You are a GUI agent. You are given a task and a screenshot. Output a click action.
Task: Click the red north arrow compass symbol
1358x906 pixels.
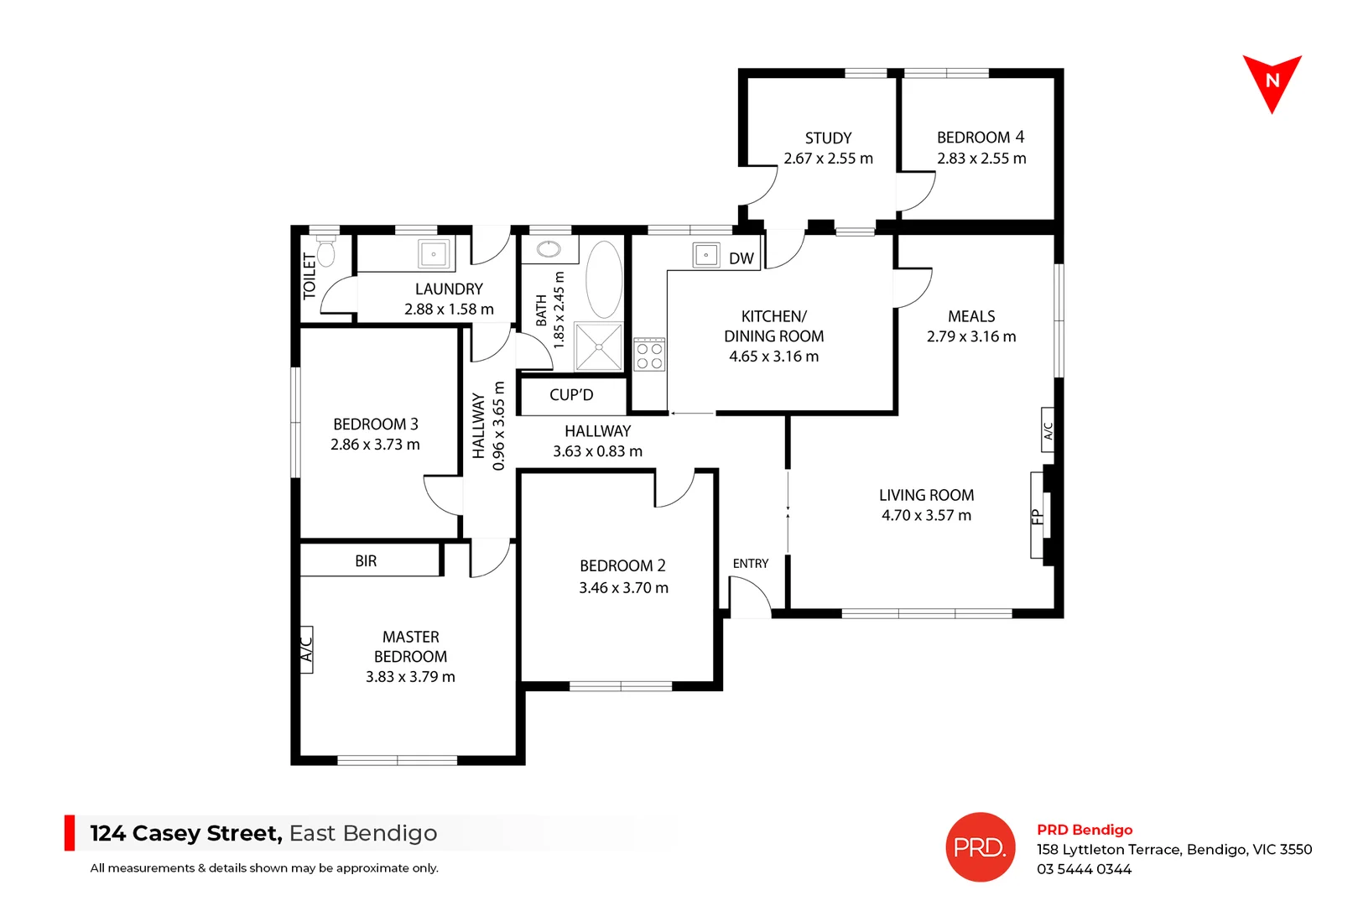click(x=1272, y=81)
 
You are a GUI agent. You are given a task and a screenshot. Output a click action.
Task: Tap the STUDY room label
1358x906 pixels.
click(x=828, y=138)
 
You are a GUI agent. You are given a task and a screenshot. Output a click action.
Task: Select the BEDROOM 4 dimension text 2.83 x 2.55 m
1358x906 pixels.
click(x=981, y=159)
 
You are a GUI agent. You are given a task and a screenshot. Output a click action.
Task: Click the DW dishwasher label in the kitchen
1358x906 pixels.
click(x=741, y=258)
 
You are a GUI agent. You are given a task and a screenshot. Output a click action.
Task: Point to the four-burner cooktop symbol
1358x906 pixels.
click(x=649, y=354)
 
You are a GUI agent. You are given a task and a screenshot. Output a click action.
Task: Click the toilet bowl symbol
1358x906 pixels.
click(x=325, y=252)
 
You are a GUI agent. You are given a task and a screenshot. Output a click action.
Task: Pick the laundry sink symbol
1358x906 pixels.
click(x=434, y=253)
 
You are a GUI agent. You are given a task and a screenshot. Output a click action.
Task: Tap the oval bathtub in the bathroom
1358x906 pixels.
click(x=603, y=279)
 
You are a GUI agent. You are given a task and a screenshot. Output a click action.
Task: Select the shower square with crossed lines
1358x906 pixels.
click(x=599, y=346)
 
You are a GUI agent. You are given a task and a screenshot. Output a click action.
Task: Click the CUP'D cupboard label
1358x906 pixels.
click(x=571, y=395)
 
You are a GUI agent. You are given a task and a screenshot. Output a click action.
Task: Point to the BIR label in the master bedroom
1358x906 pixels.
click(x=366, y=561)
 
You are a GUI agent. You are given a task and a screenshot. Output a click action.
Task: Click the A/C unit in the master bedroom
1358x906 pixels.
click(x=306, y=649)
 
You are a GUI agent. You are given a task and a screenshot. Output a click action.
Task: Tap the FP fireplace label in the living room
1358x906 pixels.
click(x=1037, y=516)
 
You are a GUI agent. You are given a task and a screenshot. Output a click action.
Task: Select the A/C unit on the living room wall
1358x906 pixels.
click(x=1048, y=430)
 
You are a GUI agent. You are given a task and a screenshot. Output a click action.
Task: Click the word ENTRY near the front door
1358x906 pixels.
click(x=750, y=564)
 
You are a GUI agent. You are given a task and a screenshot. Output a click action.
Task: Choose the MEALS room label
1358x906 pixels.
click(x=971, y=316)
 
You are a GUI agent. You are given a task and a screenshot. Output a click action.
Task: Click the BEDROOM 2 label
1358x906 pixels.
click(x=622, y=566)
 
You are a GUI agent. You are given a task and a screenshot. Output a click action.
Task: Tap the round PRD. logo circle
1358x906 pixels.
click(x=980, y=847)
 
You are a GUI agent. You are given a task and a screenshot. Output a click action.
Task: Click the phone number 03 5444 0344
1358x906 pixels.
click(x=1084, y=869)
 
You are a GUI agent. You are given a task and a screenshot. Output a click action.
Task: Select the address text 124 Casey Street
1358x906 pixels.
click(x=185, y=834)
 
